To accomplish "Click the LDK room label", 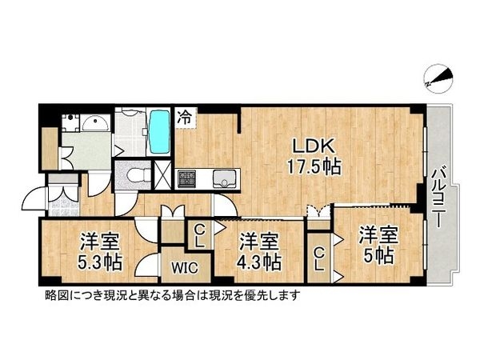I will coord(307,147).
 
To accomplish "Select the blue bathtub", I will coord(158,133).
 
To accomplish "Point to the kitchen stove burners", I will coord(187,178).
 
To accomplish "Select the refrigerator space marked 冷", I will coord(185,117).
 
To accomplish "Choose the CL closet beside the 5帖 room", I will coord(318,258).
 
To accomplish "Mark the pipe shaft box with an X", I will coord(162,174).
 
